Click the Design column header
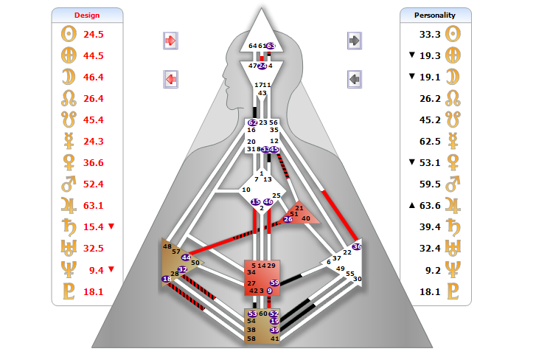[x=87, y=15]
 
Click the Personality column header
[x=434, y=15]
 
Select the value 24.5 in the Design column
[x=94, y=34]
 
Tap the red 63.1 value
[x=94, y=205]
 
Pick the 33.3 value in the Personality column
[x=431, y=34]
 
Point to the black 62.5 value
[x=431, y=141]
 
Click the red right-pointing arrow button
[x=170, y=41]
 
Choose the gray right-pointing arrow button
[x=355, y=41]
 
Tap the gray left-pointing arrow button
[x=355, y=77]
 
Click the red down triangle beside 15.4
[x=111, y=226]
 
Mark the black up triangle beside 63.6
[x=412, y=206]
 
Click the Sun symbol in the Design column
[x=66, y=34]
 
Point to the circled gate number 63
[x=271, y=46]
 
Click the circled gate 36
[x=358, y=246]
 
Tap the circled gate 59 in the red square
[x=274, y=283]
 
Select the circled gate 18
[x=167, y=279]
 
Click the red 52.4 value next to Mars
[x=94, y=184]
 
